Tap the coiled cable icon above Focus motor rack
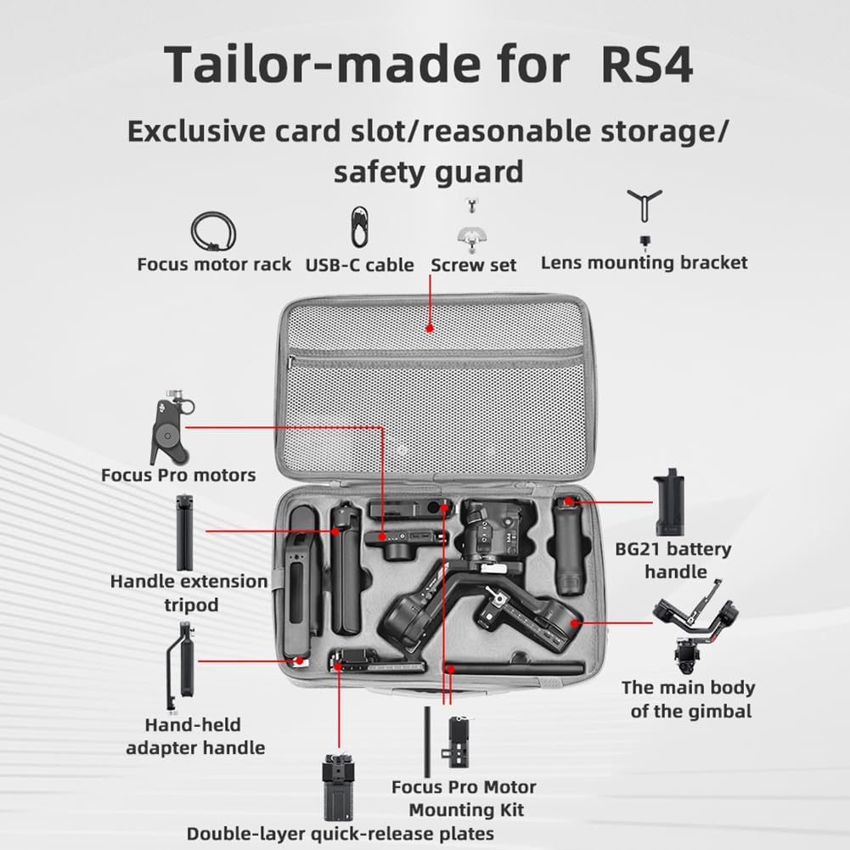pyautogui.click(x=213, y=230)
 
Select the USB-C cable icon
pyautogui.click(x=360, y=228)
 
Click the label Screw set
pyautogui.click(x=474, y=264)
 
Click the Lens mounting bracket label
pyautogui.click(x=645, y=262)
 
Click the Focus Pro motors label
pyautogui.click(x=178, y=474)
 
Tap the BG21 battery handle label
pyautogui.click(x=673, y=560)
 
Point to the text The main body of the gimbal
pyautogui.click(x=688, y=699)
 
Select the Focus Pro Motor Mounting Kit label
pyautogui.click(x=464, y=798)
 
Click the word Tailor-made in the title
pyautogui.click(x=366, y=65)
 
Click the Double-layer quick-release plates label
pyautogui.click(x=340, y=833)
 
